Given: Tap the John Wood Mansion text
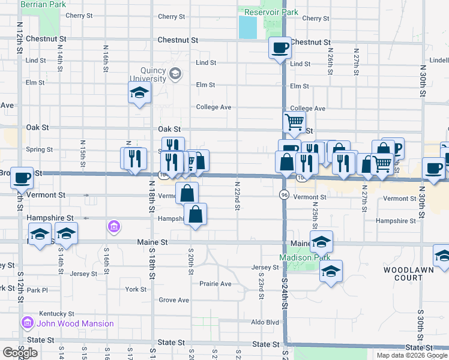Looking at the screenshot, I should [x=75, y=323].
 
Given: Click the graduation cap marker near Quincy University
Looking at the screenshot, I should [x=139, y=94].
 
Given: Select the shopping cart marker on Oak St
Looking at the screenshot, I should [x=294, y=122].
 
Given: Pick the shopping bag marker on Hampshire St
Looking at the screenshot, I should [x=196, y=214].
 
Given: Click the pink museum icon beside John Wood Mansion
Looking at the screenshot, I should [x=27, y=323].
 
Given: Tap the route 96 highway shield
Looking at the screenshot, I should [x=284, y=195].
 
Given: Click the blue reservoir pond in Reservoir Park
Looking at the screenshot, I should [x=247, y=27].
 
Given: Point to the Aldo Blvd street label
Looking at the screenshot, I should [x=265, y=322].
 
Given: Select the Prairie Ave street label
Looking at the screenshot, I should [x=215, y=284].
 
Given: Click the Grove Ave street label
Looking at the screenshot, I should [x=173, y=300].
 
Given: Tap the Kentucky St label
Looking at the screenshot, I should [x=56, y=314].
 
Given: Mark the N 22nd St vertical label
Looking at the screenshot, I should [x=238, y=196].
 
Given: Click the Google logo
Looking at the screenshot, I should [x=20, y=353].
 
